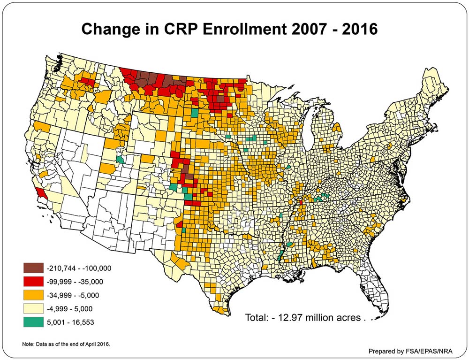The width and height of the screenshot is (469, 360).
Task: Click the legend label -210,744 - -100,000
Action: pos(78,268)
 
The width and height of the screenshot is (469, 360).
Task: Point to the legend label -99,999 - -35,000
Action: pos(75,282)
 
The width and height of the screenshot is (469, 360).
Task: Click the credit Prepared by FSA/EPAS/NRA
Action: pos(407,351)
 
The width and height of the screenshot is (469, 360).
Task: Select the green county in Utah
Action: pos(121,160)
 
